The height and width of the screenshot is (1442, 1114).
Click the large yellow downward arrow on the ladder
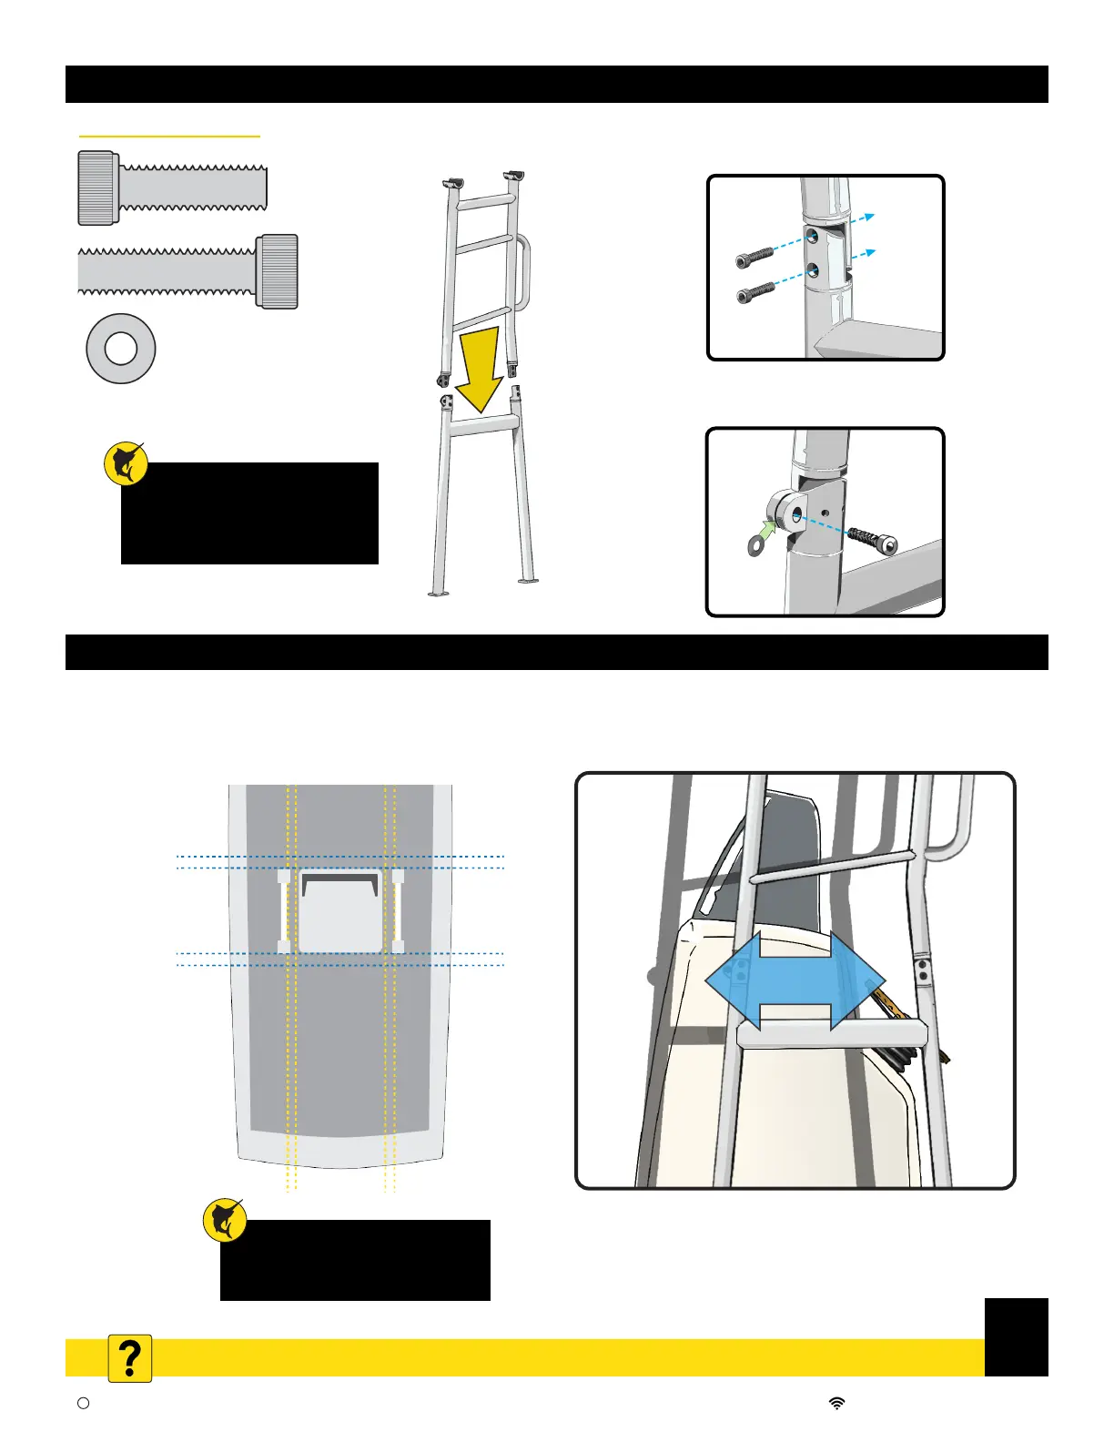[479, 369]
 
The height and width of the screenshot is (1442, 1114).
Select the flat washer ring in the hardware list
[120, 349]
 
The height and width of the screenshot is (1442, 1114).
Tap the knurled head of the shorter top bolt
[98, 188]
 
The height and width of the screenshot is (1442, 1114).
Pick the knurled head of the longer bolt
[277, 271]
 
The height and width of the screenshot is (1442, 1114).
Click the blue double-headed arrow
[795, 980]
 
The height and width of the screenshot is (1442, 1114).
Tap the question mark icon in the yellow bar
[130, 1359]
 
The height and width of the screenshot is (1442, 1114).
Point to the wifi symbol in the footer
[836, 1403]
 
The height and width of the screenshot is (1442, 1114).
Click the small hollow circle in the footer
[84, 1403]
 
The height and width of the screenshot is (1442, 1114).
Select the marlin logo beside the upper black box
[127, 463]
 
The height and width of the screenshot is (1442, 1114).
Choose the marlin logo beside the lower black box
[225, 1221]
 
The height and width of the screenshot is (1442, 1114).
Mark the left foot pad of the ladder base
[439, 594]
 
